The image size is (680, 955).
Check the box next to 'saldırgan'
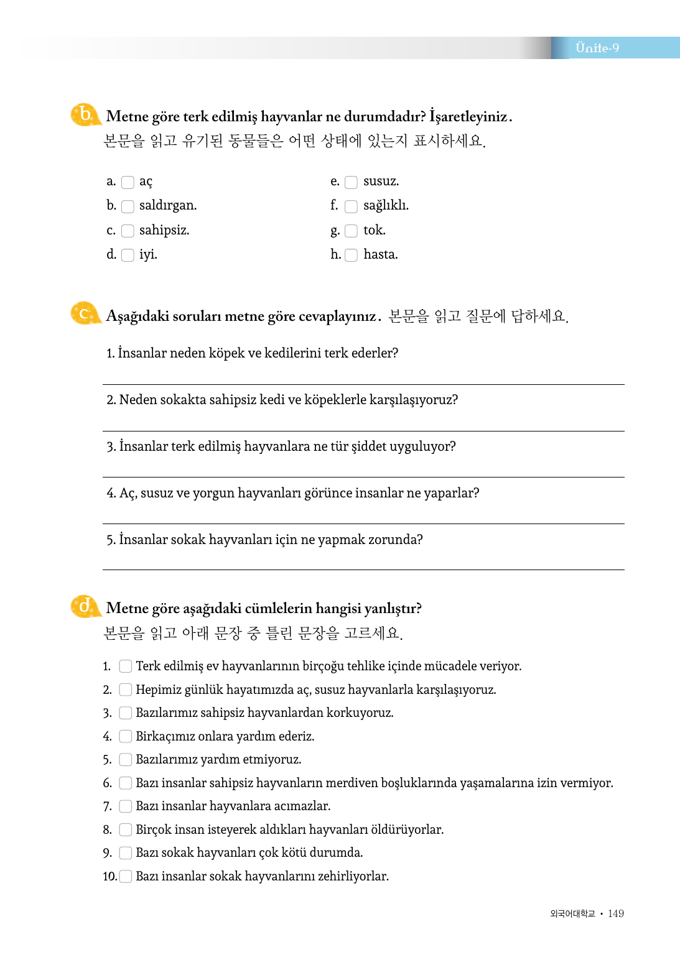click(128, 206)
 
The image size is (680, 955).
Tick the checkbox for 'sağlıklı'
click(352, 206)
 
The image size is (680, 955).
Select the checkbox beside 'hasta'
click(352, 255)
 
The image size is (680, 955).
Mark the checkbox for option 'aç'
click(128, 182)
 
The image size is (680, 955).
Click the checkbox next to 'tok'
click(352, 231)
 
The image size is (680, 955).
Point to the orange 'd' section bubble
click(85, 606)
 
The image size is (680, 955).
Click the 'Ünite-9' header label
click(597, 48)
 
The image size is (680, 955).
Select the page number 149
click(616, 913)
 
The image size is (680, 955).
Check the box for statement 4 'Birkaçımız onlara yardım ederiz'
click(126, 736)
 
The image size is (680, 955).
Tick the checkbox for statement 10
click(126, 876)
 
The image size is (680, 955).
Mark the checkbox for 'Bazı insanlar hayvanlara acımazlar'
click(126, 806)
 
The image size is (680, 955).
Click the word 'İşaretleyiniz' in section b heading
click(468, 116)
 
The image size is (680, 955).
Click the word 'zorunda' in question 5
click(393, 540)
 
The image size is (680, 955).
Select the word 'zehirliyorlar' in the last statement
click(353, 876)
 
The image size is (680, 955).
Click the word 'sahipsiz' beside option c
click(164, 230)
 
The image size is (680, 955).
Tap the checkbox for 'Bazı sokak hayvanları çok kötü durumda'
click(126, 853)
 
